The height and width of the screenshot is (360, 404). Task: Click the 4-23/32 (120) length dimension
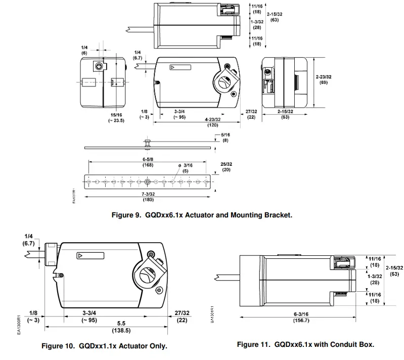[211, 121]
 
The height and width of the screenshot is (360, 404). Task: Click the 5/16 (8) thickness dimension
[225, 137]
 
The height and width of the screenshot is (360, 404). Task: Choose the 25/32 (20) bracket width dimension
[226, 167]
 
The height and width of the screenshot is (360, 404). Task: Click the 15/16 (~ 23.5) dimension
[117, 117]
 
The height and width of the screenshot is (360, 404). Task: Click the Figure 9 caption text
[202, 215]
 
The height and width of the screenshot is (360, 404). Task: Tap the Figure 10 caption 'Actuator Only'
[104, 346]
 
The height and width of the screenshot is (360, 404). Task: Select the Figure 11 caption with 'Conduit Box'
[305, 344]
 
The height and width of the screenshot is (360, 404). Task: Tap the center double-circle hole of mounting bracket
[147, 182]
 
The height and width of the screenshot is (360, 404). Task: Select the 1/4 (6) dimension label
[84, 50]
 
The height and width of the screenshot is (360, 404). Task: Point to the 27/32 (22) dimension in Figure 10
[182, 317]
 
